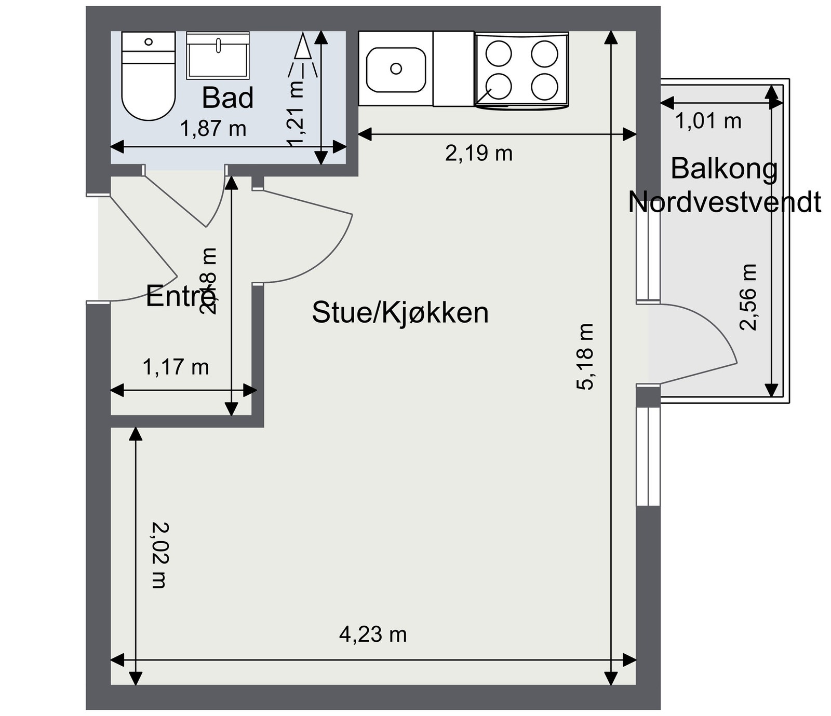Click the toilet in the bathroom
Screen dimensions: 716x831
148,78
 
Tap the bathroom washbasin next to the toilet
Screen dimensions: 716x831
218,56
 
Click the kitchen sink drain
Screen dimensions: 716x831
396,68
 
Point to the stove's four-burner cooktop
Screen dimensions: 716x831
521,70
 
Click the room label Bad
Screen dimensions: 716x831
227,98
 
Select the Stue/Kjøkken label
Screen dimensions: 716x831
400,313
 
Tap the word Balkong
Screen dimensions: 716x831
724,168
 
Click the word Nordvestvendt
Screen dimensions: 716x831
724,202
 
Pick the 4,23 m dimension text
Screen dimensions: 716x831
372,634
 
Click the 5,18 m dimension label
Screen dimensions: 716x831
585,356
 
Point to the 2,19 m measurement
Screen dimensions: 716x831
478,153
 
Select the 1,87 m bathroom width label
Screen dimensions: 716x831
213,128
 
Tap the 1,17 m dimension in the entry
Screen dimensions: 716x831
176,367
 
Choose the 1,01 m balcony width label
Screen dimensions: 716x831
708,121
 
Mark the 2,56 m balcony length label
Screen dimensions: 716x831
748,297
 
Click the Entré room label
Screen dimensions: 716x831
175,297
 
